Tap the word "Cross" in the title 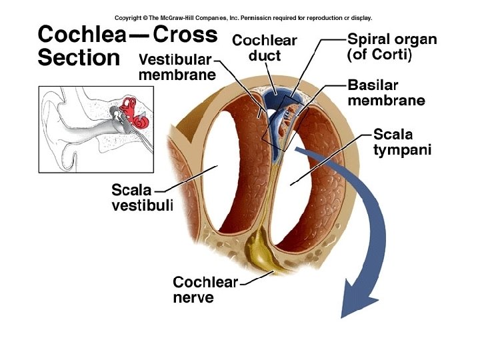pos(185,35)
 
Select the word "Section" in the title pos(79,58)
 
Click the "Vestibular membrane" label pos(176,67)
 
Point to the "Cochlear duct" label pos(264,47)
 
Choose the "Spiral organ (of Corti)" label pos(392,48)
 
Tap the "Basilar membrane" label pos(385,93)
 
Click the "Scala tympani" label pos(402,142)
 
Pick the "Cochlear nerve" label pos(205,289)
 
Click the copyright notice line pos(244,18)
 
